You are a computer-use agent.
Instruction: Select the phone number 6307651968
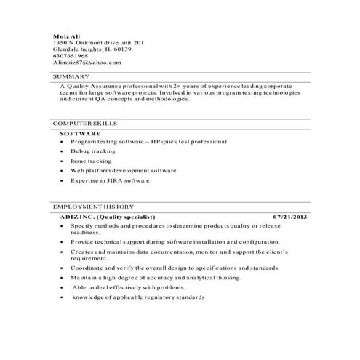coord(71,56)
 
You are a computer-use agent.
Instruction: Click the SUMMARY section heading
coord(71,76)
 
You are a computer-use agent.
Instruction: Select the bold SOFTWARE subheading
coord(80,134)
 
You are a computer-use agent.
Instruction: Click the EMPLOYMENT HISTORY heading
coord(93,207)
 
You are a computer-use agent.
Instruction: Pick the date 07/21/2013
coord(290,217)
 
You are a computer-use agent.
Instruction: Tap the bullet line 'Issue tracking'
coord(91,160)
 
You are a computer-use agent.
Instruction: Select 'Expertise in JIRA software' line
coord(110,180)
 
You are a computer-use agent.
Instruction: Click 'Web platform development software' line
coord(124,170)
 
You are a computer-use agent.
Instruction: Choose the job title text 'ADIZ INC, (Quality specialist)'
coord(108,217)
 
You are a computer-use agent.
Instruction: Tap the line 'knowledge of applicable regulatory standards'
coord(137,297)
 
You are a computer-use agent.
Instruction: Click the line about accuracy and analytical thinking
coord(145,277)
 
